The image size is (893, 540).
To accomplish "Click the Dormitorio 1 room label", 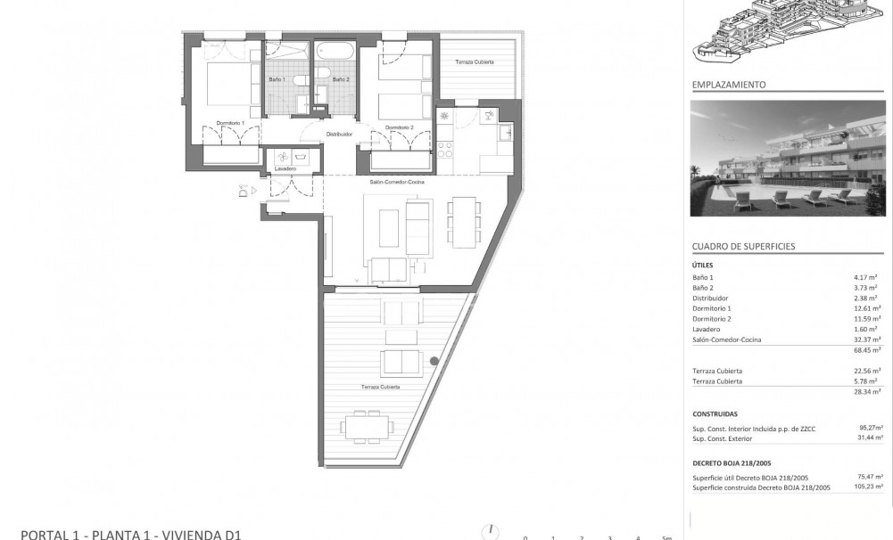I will point(229,122).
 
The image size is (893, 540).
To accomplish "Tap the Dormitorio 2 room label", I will point(399,127).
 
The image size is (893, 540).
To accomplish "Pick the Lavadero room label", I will point(285,168).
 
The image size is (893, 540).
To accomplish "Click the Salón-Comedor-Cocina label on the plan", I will point(397,182).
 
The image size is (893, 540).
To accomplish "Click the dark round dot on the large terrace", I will point(434,361).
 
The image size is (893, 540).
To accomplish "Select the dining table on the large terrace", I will point(367,427).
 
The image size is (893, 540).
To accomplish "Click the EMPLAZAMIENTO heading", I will point(729,85).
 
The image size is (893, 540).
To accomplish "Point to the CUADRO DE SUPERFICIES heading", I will point(743,246).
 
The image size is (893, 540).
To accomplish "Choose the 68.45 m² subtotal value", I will point(867,350).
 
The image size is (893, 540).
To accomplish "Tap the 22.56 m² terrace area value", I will point(867,371).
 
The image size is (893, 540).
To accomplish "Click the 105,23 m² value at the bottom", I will point(866,487).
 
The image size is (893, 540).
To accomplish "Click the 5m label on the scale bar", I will point(666,536).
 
